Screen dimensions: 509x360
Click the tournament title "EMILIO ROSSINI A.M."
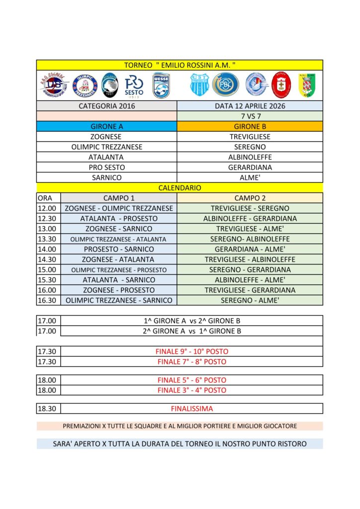(180, 65)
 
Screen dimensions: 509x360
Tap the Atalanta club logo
(110, 85)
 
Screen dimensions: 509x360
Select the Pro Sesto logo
(134, 85)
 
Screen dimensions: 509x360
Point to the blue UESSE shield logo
(161, 85)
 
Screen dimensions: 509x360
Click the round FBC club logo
(225, 85)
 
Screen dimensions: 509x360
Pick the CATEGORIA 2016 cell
(107, 106)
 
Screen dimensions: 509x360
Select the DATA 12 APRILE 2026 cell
(250, 106)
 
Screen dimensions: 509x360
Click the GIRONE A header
(107, 126)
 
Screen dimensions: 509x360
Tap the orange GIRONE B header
(250, 126)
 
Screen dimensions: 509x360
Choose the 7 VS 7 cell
(250, 116)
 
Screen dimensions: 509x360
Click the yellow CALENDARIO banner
(180, 188)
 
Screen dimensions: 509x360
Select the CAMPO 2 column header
(250, 198)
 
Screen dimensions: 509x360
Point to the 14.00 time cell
(47, 249)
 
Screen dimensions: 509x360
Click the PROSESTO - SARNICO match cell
(119, 249)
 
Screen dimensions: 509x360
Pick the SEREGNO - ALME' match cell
(250, 300)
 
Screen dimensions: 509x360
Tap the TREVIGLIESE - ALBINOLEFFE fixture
(250, 259)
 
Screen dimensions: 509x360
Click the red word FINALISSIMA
(191, 409)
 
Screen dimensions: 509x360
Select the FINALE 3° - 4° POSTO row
(191, 390)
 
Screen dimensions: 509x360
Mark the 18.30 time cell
(47, 409)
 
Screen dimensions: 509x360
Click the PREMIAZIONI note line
(180, 426)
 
